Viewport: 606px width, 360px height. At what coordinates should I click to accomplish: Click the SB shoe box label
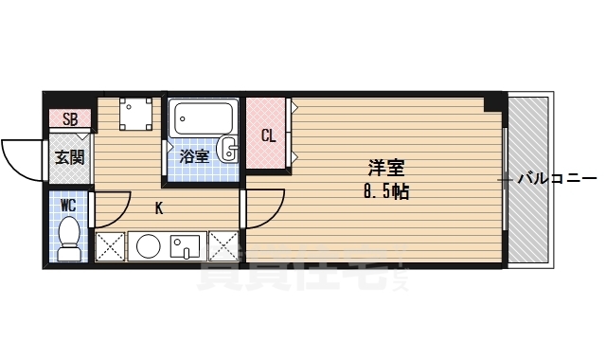point(71,119)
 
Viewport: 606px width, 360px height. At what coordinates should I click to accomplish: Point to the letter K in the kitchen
point(159,208)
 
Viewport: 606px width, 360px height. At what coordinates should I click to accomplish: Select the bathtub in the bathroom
point(202,120)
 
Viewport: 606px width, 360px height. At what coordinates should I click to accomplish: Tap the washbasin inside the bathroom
point(227,150)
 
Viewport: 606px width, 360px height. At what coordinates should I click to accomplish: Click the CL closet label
point(268,135)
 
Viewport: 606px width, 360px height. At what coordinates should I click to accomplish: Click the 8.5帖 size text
point(385,189)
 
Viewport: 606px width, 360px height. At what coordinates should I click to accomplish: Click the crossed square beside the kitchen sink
point(224,246)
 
